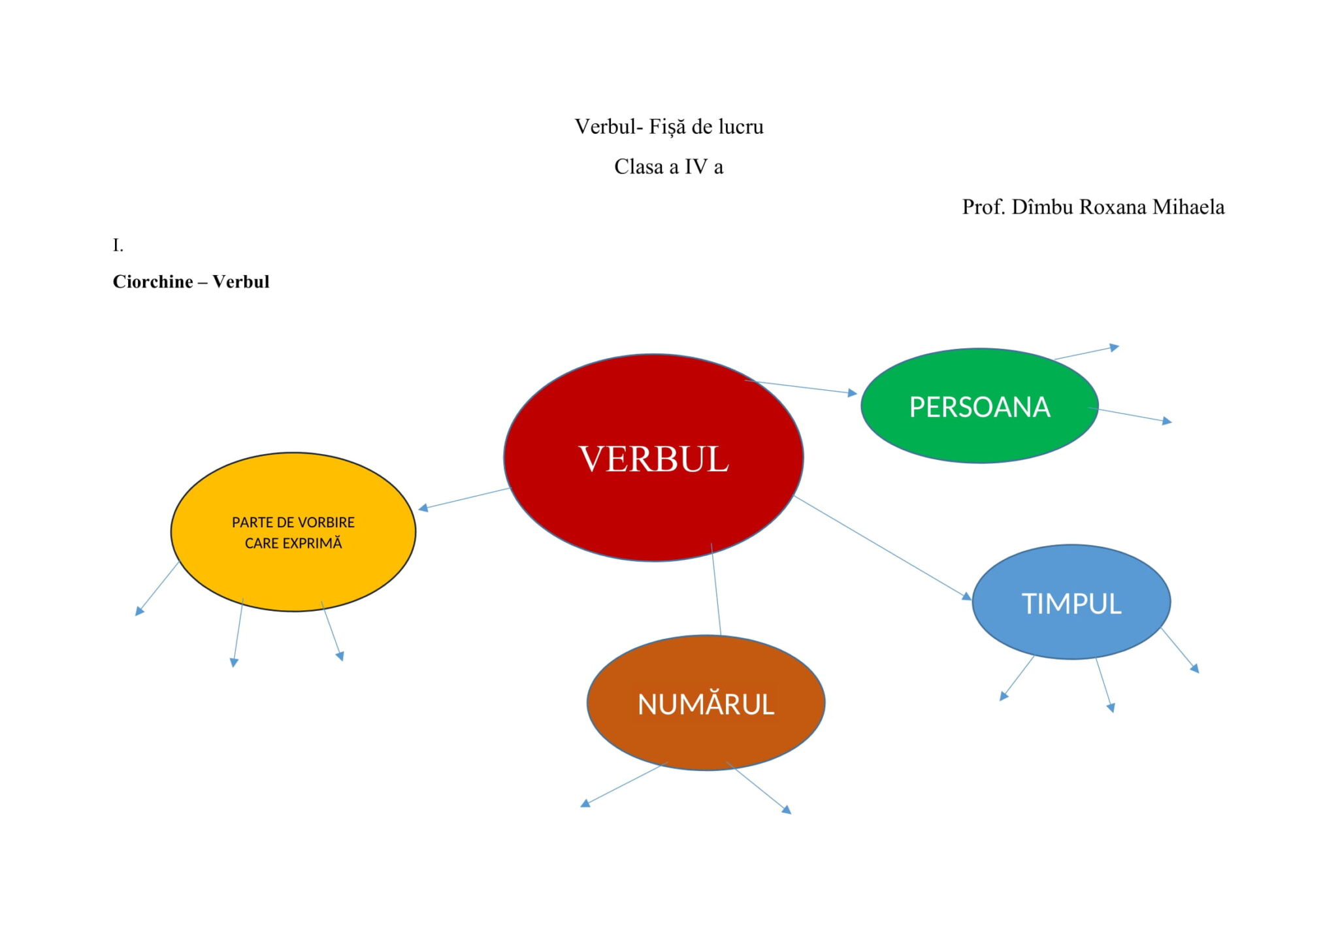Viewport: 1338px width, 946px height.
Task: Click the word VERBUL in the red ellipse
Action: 653,459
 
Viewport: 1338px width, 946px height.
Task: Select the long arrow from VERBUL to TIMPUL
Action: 882,547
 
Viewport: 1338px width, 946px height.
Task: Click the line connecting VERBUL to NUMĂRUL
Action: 716,588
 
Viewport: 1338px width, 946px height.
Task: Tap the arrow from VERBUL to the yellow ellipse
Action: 464,499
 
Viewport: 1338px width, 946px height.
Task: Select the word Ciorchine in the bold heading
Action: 153,282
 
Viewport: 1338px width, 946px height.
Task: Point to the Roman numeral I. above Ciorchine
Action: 118,246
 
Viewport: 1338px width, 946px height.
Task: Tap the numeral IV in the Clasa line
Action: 696,167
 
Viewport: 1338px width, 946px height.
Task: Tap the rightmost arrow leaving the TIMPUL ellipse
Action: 1180,650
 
